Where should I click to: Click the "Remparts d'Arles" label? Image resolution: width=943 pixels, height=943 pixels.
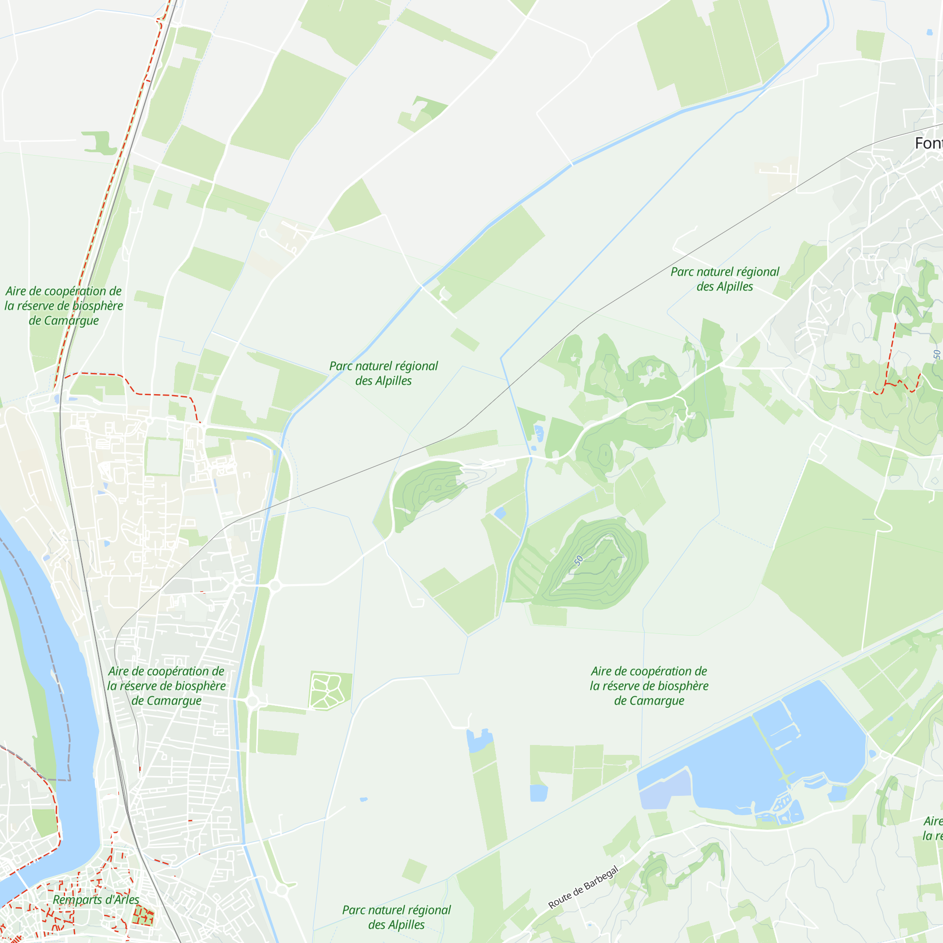[96, 900]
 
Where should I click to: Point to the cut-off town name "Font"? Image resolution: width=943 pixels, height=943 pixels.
[928, 143]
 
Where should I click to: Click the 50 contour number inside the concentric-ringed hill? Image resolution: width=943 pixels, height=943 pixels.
[579, 560]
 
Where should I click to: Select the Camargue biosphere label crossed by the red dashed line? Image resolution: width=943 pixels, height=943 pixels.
[64, 306]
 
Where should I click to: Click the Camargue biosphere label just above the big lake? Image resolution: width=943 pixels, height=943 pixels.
[649, 686]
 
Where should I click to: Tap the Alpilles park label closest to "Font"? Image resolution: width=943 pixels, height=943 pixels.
[724, 279]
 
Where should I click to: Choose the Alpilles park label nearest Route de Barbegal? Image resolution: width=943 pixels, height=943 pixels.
[396, 917]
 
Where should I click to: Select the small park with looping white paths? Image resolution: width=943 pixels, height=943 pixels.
[329, 691]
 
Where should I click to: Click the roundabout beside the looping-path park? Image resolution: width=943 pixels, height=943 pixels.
[252, 702]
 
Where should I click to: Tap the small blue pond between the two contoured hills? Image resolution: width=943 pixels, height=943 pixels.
[500, 513]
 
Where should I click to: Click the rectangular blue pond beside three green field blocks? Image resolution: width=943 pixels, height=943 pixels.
[538, 793]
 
